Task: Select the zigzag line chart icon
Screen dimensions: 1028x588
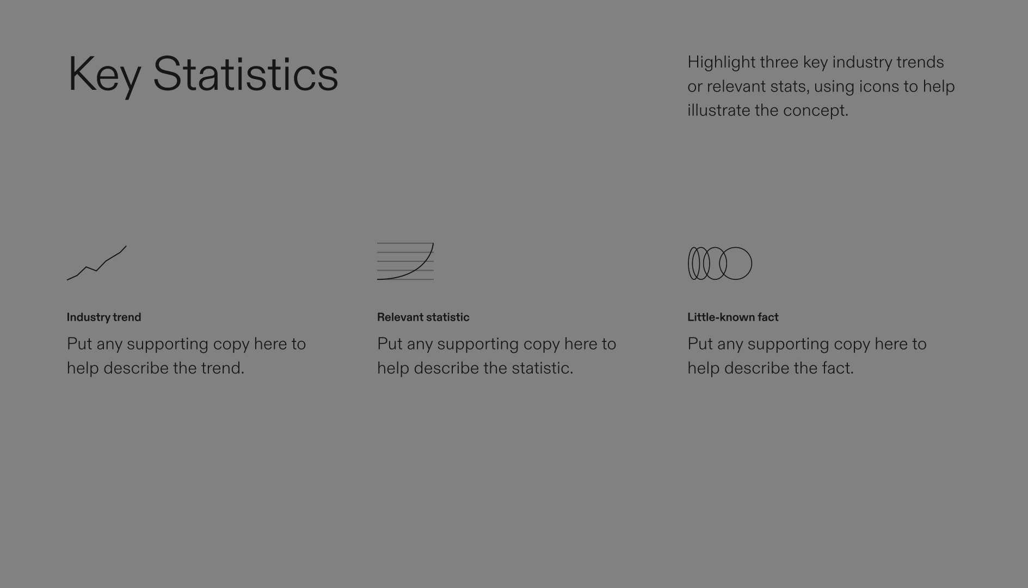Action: [96, 263]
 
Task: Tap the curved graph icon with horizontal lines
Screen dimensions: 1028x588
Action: [405, 261]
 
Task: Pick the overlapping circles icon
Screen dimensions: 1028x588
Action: [720, 264]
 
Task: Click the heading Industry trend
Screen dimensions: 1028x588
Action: [104, 317]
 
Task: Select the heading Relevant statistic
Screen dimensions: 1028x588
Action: [423, 317]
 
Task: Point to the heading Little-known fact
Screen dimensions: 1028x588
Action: [732, 317]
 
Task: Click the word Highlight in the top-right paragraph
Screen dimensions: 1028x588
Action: [721, 63]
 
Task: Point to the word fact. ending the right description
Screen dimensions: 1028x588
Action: [838, 368]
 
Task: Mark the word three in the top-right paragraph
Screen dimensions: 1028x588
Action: [779, 62]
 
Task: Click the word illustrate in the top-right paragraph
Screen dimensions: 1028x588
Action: [718, 111]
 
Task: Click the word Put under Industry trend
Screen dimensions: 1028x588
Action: [79, 344]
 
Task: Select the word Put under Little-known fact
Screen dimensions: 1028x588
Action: [700, 344]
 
